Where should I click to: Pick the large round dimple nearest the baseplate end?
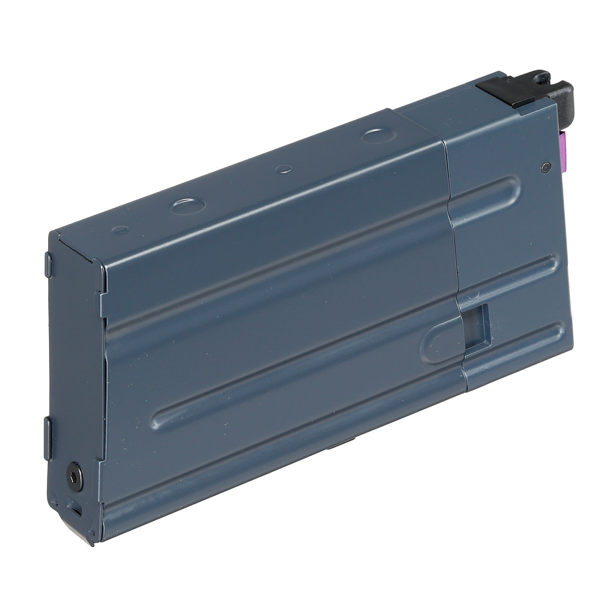pos(188,205)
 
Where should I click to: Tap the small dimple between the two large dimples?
pos(284,168)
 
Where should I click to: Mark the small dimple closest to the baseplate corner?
pos(122,229)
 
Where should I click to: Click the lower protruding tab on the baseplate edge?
pos(48,427)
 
